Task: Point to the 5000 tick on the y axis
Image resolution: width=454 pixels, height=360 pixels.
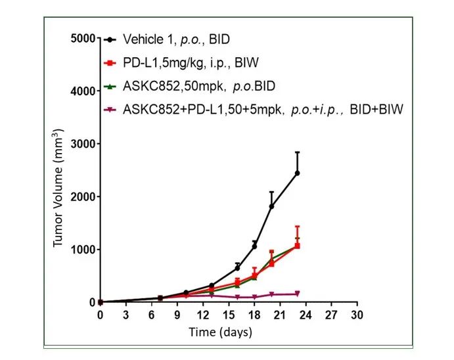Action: click(83, 38)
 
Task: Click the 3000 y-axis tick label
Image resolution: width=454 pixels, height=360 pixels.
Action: click(83, 144)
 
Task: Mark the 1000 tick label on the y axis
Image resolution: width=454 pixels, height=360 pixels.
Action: click(83, 250)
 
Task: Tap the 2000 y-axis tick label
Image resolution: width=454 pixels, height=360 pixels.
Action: click(83, 196)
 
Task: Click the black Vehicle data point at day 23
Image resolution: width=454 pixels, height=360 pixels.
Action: click(298, 173)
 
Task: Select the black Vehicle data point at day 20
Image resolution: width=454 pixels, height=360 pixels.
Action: click(271, 206)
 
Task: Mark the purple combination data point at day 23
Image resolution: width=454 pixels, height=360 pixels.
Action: click(298, 294)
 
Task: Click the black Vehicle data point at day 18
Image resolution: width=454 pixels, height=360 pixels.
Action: click(254, 246)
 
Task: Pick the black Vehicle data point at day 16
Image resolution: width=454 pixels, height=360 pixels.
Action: click(237, 267)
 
